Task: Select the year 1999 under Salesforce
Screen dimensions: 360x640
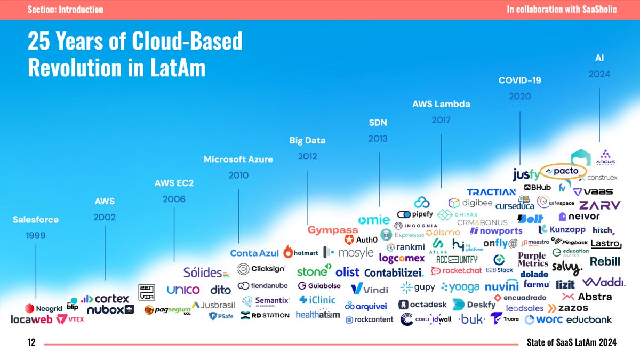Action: tap(36, 235)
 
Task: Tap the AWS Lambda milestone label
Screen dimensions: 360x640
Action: tap(441, 104)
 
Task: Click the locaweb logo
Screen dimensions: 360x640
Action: tap(31, 319)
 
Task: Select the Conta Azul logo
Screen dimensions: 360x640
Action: tap(254, 253)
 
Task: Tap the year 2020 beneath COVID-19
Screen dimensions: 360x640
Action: tap(519, 97)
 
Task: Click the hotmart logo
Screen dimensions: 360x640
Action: tap(302, 252)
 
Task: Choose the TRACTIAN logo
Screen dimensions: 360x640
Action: tap(491, 192)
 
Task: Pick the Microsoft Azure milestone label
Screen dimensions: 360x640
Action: tap(238, 159)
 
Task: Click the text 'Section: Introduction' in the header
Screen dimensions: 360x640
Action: tap(65, 10)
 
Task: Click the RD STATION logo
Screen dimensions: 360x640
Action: tap(265, 315)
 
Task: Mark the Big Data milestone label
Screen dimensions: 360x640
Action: tap(307, 141)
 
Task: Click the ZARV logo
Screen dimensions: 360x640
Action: tap(599, 205)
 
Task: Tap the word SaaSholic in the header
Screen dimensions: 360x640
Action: tap(595, 10)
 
